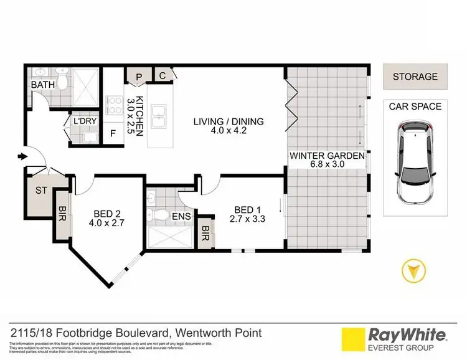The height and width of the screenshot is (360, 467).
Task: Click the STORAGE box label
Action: [415, 77]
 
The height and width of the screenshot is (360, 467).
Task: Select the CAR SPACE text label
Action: [415, 107]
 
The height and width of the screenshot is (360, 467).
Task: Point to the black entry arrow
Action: [23, 156]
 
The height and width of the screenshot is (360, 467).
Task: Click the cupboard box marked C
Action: [162, 75]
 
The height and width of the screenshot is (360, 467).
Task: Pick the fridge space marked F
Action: [113, 133]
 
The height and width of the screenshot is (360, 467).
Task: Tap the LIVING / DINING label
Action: [228, 126]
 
